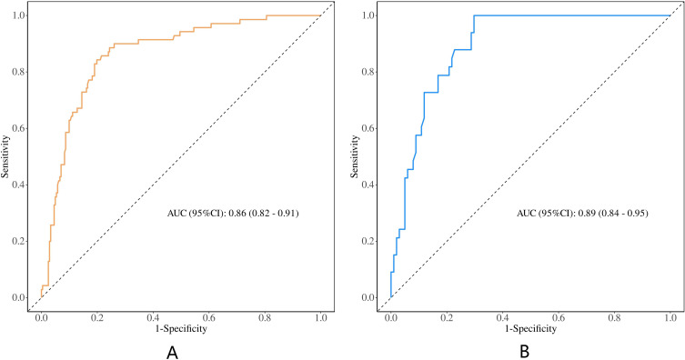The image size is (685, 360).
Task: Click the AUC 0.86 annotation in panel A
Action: pyautogui.click(x=233, y=214)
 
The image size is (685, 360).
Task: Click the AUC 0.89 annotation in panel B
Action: pyautogui.click(x=582, y=214)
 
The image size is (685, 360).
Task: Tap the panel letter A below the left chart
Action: pyautogui.click(x=172, y=353)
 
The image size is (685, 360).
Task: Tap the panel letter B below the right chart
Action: pyautogui.click(x=524, y=352)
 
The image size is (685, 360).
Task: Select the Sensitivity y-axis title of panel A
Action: pyautogui.click(x=5, y=156)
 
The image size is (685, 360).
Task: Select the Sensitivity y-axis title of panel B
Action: pyautogui.click(x=354, y=156)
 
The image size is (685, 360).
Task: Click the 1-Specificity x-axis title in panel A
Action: pyautogui.click(x=181, y=328)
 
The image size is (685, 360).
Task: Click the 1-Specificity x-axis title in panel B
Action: pyautogui.click(x=530, y=328)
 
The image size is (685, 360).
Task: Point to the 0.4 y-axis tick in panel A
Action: pyautogui.click(x=19, y=185)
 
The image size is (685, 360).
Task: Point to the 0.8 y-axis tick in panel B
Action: pyautogui.click(x=368, y=72)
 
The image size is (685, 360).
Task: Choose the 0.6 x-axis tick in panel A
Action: pyautogui.click(x=209, y=318)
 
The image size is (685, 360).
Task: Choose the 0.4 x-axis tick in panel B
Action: pyautogui.click(x=502, y=318)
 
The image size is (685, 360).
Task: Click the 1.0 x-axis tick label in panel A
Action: pyautogui.click(x=320, y=318)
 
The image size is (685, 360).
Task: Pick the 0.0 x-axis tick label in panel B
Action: pyautogui.click(x=390, y=318)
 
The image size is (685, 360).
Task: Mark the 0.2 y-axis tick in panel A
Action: pyautogui.click(x=19, y=241)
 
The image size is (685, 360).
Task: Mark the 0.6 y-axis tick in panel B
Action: pyautogui.click(x=368, y=128)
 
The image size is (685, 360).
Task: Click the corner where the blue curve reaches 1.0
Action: pyautogui.click(x=474, y=15)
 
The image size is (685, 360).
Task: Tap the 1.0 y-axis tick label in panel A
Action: pyautogui.click(x=19, y=15)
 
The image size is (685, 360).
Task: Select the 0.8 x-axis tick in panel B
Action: pyautogui.click(x=614, y=318)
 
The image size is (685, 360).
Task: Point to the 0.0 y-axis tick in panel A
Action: pyautogui.click(x=19, y=297)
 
